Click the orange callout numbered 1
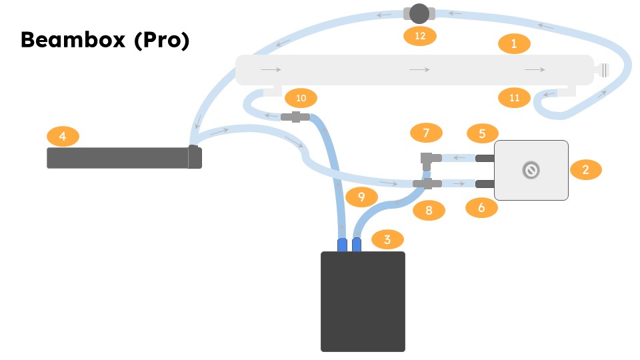click(514, 44)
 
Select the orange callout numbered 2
click(585, 169)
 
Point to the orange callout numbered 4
click(63, 137)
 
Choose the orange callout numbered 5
click(482, 133)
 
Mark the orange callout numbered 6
click(482, 208)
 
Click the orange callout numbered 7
click(427, 133)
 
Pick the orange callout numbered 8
click(429, 211)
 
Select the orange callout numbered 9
click(361, 197)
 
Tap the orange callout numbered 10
click(301, 99)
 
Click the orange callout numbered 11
click(514, 98)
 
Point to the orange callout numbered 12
click(420, 35)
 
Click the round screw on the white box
click(531, 171)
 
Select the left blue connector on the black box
click(343, 244)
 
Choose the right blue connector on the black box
click(357, 244)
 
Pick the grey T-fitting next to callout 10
click(295, 117)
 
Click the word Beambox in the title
click(73, 40)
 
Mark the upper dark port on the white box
click(484, 158)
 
